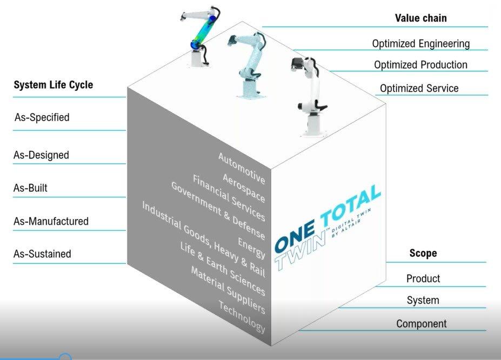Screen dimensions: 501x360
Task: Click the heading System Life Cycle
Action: coord(54,85)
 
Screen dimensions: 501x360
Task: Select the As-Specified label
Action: coord(42,117)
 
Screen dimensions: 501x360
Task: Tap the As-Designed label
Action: coord(41,155)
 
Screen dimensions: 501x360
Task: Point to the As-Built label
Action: coord(30,188)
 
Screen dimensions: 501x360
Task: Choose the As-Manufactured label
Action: coord(51,221)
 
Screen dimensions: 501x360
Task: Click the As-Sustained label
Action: coord(42,254)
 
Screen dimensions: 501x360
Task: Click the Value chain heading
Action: coord(421,18)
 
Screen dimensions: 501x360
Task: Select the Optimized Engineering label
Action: coord(421,43)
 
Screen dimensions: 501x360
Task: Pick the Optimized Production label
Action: coord(421,65)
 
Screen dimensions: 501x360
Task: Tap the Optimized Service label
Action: coord(419,88)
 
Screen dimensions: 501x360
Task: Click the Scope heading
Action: coord(423,253)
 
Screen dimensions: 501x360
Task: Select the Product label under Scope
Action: coord(423,278)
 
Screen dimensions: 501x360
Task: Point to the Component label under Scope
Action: coord(422,324)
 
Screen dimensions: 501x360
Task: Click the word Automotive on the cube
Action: coord(242,168)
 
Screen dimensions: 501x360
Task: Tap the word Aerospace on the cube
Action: coord(244,188)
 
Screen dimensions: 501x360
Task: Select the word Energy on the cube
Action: coord(251,248)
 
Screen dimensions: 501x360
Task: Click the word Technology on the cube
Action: coord(242,317)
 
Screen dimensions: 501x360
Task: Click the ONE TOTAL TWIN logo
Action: coord(328,227)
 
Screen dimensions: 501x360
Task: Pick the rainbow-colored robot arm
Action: coord(201,36)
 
